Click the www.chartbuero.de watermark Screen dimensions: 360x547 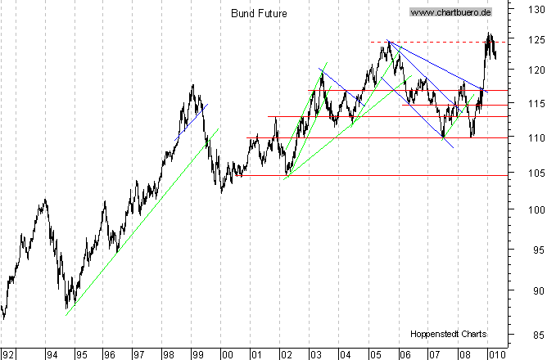click(x=450, y=12)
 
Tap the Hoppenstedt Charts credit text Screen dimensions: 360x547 click(x=449, y=334)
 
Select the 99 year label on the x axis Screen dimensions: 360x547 click(x=197, y=354)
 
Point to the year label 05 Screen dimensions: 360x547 click(x=373, y=354)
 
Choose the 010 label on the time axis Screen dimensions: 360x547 click(x=495, y=354)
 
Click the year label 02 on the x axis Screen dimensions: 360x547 click(x=285, y=354)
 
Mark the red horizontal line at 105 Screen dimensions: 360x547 click(x=368, y=175)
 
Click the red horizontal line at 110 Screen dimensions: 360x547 click(x=368, y=137)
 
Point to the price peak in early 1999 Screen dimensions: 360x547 click(x=192, y=85)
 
